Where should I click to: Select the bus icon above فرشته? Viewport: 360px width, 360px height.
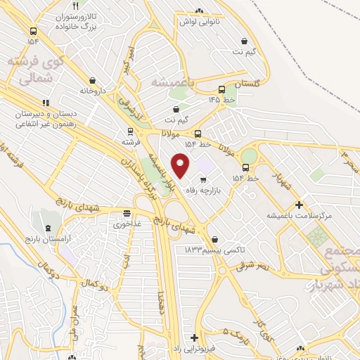pos(129,131)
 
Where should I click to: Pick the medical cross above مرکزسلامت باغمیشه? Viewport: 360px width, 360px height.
pos(300,205)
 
